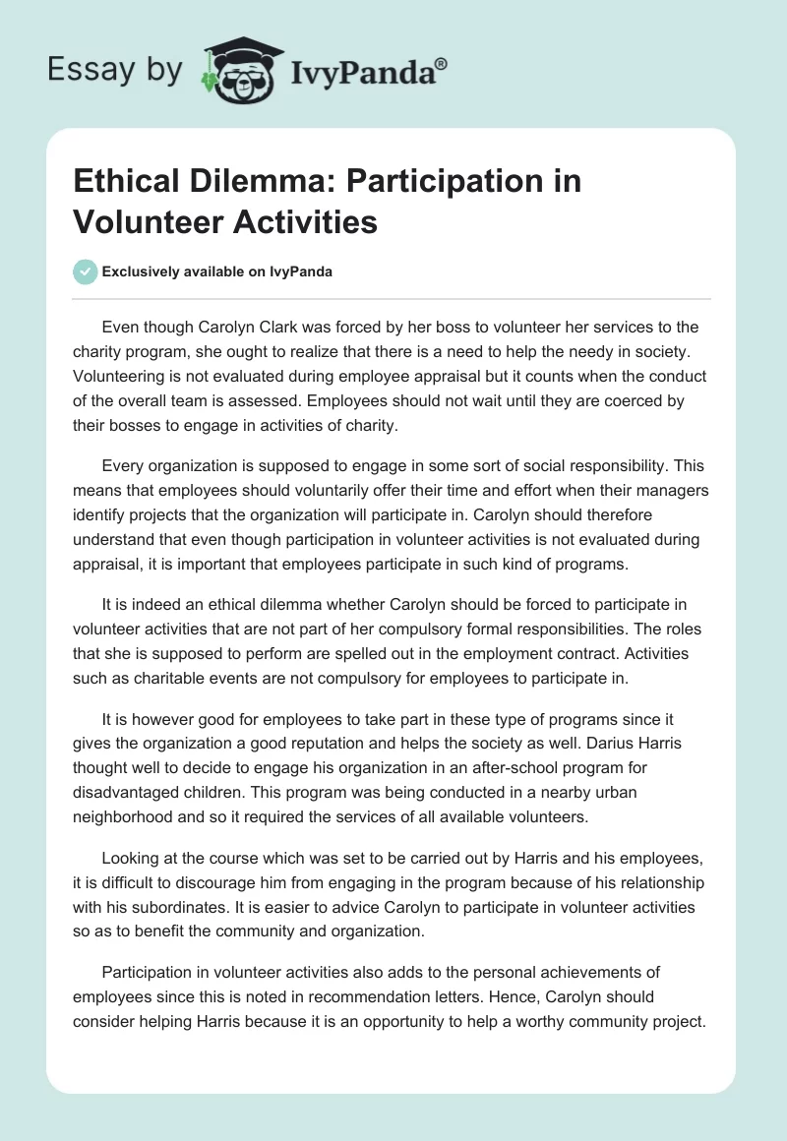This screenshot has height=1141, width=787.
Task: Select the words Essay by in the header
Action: coord(114,71)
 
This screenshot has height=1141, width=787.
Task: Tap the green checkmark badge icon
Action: coord(86,271)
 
